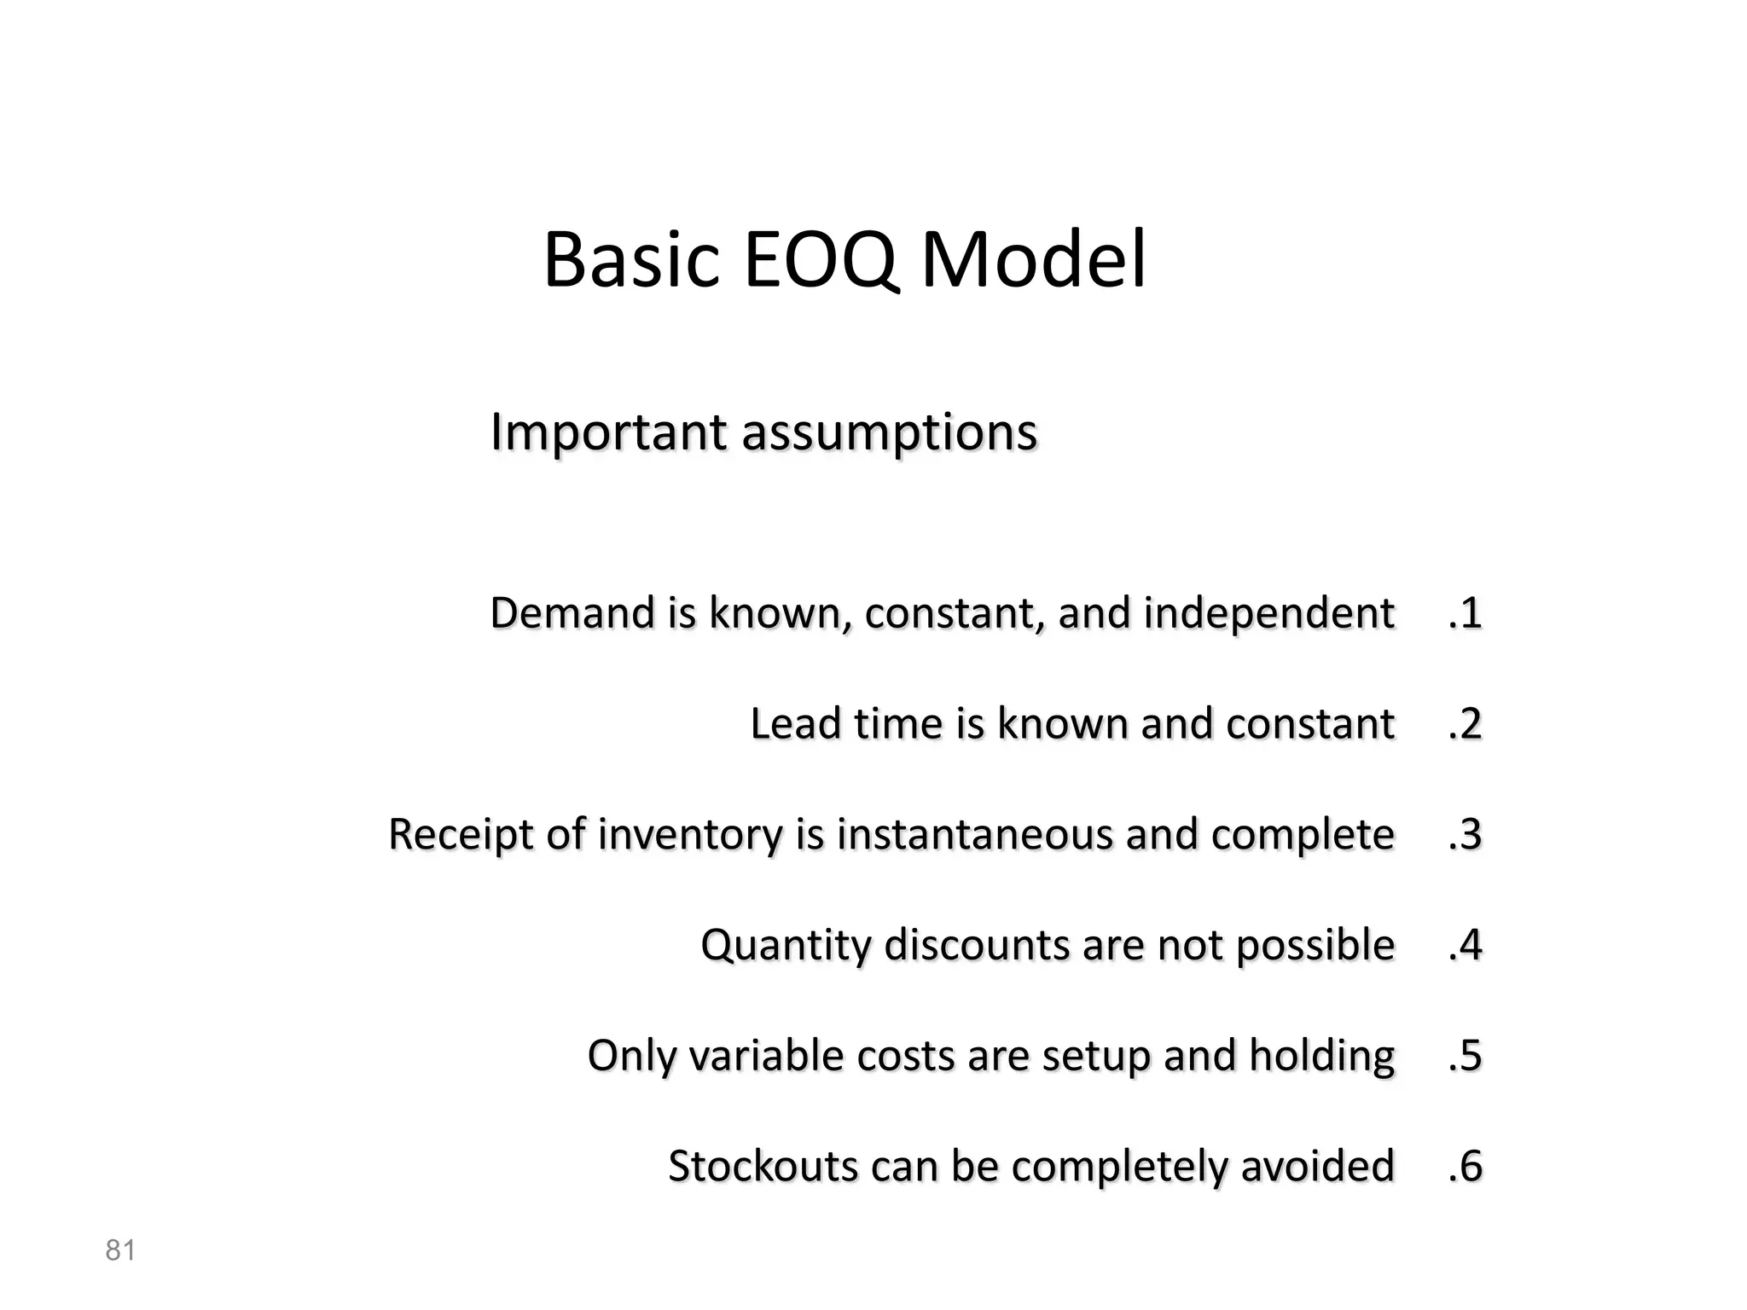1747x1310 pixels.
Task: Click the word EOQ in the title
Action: coord(821,260)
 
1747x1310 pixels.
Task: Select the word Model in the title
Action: coord(1033,260)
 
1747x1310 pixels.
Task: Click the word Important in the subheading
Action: coord(608,432)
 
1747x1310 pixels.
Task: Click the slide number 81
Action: coord(120,1250)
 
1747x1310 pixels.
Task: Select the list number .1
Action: coord(1465,613)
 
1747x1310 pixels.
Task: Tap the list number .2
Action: coord(1465,724)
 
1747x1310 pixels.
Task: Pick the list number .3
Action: coord(1465,835)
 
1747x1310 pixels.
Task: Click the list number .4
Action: coord(1465,945)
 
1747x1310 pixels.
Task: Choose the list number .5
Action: coord(1465,1056)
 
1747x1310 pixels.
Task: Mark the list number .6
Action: coord(1465,1167)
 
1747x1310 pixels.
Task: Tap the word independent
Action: coord(1268,613)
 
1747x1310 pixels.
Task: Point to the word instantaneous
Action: coord(974,835)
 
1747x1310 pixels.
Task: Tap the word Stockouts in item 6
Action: coord(762,1167)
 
